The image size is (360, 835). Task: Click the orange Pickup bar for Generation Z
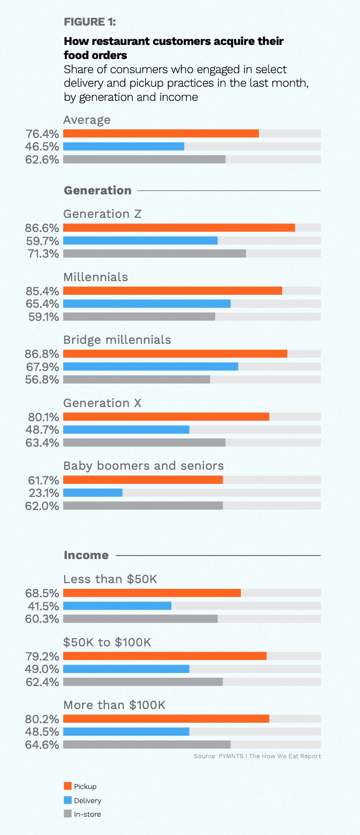[179, 228]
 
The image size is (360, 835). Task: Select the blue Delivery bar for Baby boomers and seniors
[92, 493]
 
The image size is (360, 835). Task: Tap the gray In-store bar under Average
[144, 159]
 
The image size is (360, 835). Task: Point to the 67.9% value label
[42, 367]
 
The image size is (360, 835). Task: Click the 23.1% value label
[43, 493]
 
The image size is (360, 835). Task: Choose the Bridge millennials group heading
[117, 340]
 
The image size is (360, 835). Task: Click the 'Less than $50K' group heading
[110, 579]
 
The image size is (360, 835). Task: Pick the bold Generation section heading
[97, 190]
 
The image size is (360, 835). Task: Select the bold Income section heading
[86, 555]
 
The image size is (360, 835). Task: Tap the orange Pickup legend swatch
[67, 786]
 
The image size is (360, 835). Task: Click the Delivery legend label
[87, 801]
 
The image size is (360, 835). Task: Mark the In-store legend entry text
[87, 814]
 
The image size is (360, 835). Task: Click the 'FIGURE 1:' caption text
[90, 21]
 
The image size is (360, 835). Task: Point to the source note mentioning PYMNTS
[257, 756]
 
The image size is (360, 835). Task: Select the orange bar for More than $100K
[166, 719]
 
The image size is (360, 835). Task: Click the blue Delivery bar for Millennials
[147, 304]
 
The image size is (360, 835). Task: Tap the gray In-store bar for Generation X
[144, 443]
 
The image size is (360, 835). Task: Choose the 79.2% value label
[42, 656]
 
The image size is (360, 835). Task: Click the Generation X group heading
[102, 403]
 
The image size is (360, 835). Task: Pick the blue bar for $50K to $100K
[126, 669]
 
